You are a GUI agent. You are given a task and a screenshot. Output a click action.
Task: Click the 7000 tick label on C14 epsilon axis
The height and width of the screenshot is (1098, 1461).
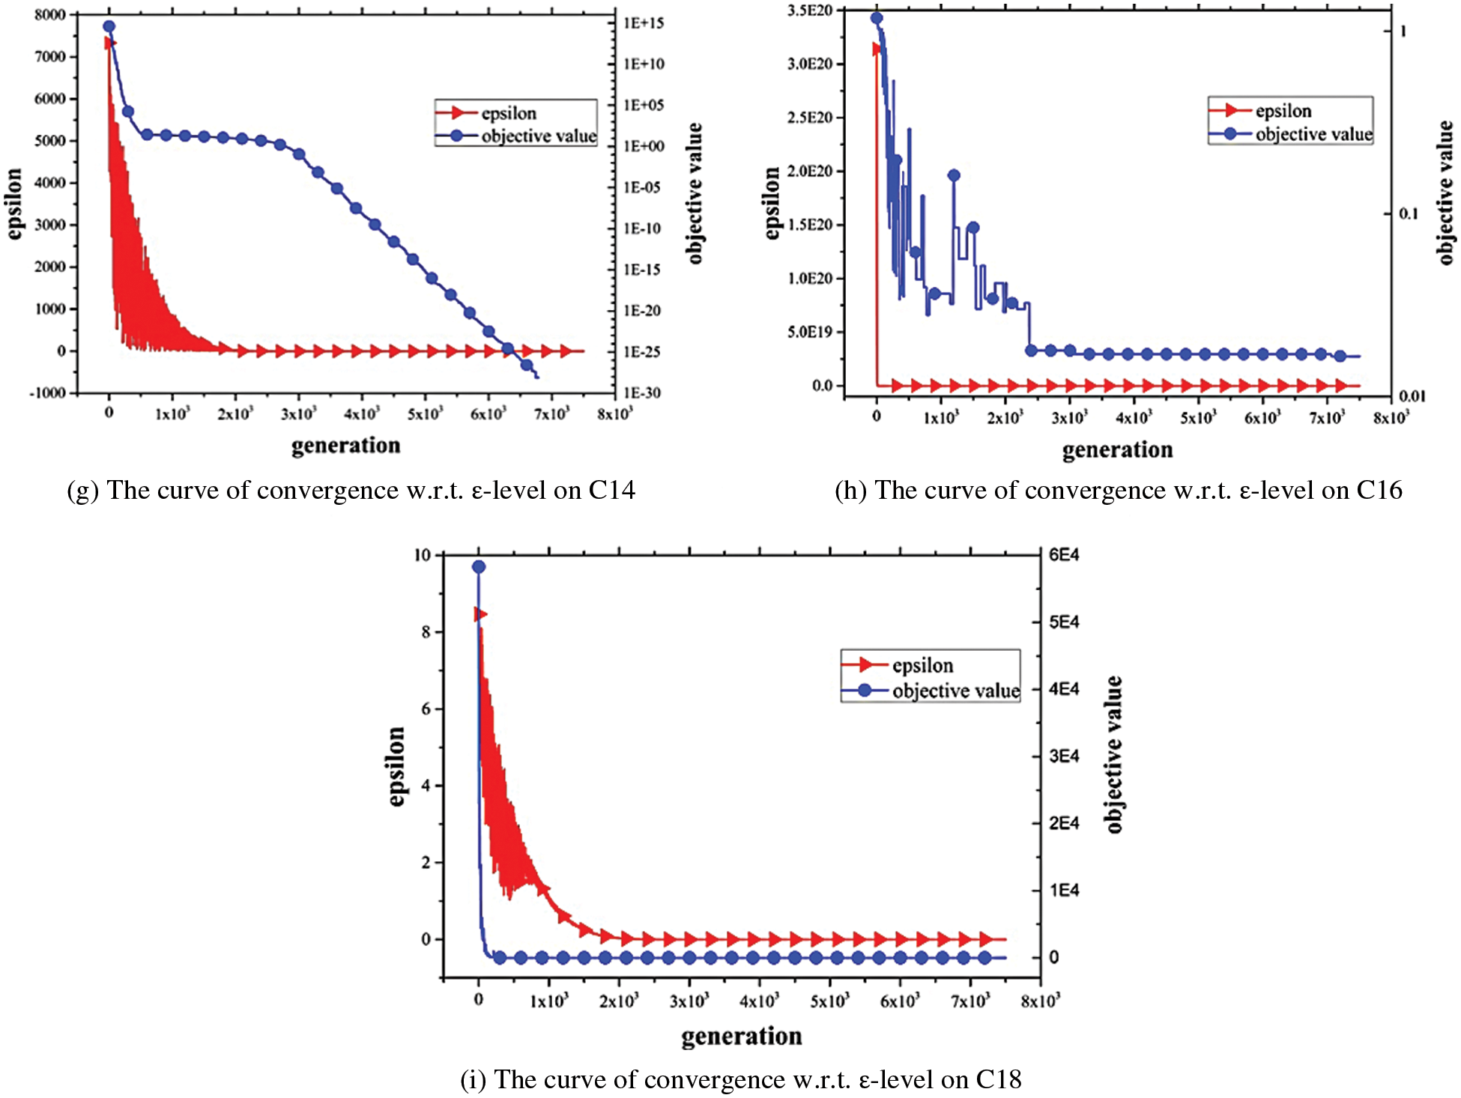(x=49, y=57)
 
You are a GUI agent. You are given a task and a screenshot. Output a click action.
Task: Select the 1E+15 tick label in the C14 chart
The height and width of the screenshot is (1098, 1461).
(x=644, y=23)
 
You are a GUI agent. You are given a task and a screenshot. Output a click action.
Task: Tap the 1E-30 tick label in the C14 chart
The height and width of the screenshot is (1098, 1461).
(x=642, y=392)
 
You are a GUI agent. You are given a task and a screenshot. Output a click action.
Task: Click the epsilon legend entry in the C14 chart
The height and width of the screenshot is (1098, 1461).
(x=509, y=113)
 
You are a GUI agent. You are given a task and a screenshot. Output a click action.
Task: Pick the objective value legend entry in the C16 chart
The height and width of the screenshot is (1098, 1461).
(x=1313, y=134)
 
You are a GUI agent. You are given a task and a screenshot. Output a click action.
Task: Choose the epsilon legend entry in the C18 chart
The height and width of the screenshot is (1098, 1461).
(x=922, y=665)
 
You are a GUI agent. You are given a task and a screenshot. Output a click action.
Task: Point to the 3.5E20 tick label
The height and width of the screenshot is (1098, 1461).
(x=810, y=10)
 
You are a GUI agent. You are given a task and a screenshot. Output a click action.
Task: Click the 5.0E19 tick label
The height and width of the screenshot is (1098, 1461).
(x=810, y=332)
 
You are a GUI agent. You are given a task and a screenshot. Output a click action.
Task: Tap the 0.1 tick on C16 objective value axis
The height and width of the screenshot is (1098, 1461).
(x=1409, y=214)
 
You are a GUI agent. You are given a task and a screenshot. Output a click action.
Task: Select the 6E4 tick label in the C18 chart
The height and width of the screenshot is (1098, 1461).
(x=1064, y=555)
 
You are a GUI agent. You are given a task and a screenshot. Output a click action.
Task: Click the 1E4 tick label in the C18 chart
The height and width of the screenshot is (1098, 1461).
(x=1064, y=890)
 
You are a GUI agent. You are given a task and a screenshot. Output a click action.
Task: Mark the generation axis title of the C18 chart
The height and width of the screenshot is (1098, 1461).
(x=741, y=1036)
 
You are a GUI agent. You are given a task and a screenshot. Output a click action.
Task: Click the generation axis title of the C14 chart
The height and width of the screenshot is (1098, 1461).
(x=345, y=446)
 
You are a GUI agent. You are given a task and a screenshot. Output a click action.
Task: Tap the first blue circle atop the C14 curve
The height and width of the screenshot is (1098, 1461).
(x=109, y=26)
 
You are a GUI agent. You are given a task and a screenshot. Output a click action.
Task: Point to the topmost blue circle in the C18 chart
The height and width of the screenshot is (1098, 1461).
(x=479, y=567)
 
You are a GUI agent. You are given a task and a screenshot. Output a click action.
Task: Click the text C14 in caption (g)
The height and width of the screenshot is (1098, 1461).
(x=611, y=490)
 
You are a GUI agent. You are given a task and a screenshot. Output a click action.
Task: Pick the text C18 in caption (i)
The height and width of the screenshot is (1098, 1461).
(x=998, y=1079)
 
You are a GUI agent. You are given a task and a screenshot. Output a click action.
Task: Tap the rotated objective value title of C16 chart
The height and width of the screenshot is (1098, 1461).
(x=1445, y=192)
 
